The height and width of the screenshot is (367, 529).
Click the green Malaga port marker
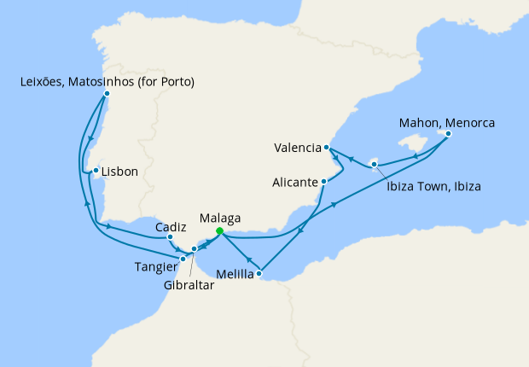[219, 230]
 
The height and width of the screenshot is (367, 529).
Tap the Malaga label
[219, 218]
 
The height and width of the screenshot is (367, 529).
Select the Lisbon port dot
[96, 171]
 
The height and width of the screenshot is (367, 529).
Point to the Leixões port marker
[106, 94]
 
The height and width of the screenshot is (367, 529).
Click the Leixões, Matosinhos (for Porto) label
[107, 82]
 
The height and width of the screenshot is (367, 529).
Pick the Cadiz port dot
[171, 236]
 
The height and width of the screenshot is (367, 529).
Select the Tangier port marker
[183, 258]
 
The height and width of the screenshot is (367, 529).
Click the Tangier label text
[157, 267]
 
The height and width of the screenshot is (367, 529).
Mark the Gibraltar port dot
[195, 249]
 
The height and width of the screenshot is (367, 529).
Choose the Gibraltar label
[189, 286]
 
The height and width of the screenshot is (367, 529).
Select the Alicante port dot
[325, 181]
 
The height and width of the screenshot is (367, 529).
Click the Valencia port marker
[328, 148]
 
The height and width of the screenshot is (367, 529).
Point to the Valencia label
[298, 148]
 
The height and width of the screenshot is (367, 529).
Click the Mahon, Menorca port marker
[448, 133]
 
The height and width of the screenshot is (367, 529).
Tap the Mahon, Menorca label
[447, 121]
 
